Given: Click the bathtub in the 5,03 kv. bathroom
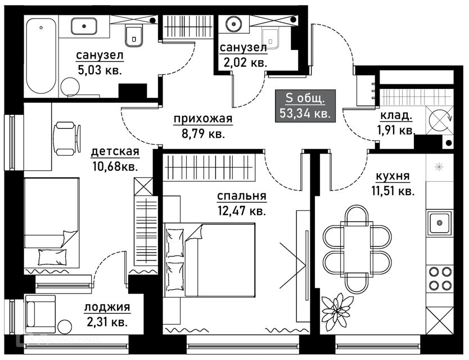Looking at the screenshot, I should coord(42,56).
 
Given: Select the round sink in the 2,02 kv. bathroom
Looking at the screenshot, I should coord(233,24).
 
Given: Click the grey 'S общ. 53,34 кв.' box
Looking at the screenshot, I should coord(306,106).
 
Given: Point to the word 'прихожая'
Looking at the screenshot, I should coord(195,119).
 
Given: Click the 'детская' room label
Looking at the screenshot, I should coord(115,152).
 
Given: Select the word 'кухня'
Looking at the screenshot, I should coord(394,177).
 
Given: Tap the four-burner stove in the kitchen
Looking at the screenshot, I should coord(440,277).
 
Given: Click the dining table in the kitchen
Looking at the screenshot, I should coord(358,247).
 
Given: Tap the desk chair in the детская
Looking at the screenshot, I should coord(64,138).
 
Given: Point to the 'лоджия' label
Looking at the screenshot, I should coord(107,307).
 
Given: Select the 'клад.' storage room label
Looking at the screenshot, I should coord(396,117).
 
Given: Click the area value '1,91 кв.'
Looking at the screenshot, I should coord(396,130).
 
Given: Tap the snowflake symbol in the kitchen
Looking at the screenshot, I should coord(440,167).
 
